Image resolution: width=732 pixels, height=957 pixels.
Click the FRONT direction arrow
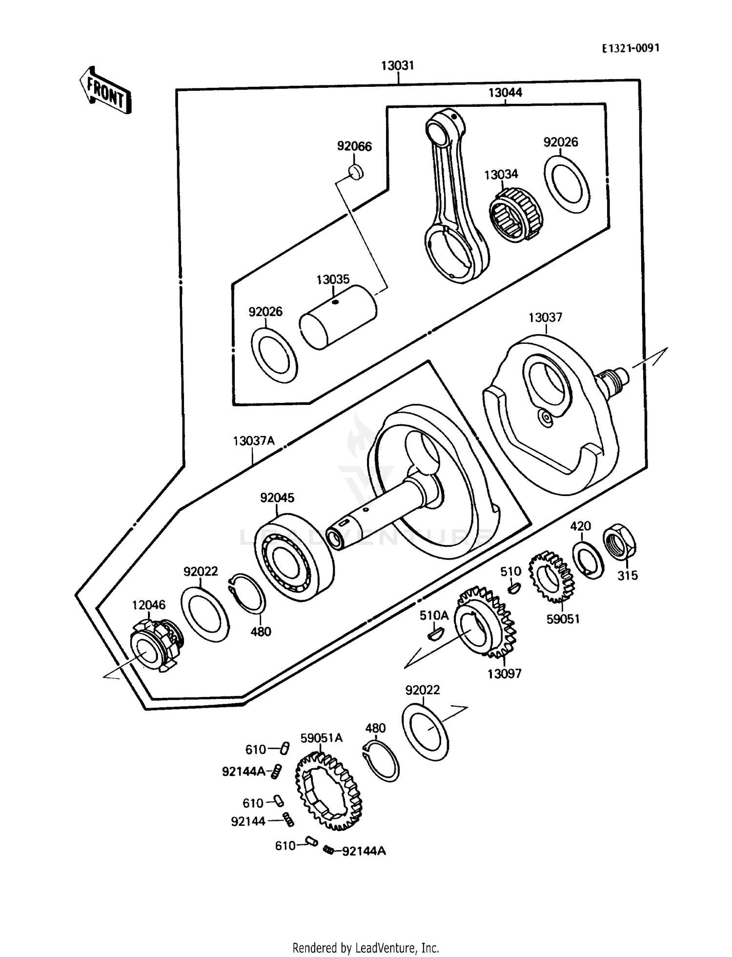105,92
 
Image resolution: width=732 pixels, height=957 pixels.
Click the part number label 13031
397,66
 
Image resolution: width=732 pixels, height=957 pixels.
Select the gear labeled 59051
551,578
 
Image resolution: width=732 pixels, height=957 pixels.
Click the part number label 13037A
254,441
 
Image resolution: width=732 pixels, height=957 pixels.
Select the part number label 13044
505,93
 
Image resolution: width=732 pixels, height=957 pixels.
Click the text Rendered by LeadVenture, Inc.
366,948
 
